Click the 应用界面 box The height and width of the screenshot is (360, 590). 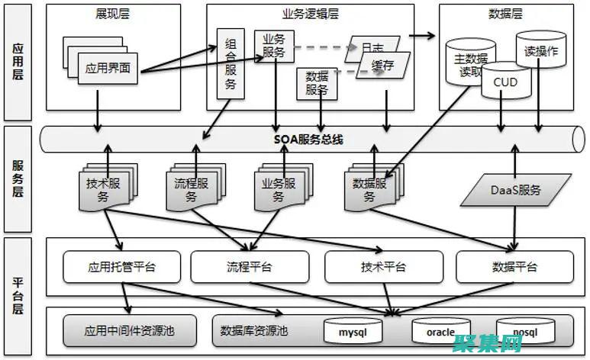[x=108, y=68]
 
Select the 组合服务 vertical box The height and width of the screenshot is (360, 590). [x=231, y=64]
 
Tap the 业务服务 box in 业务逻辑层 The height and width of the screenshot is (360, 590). [x=274, y=46]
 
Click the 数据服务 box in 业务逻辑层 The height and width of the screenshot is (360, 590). [x=316, y=82]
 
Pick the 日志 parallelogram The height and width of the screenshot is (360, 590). [x=372, y=47]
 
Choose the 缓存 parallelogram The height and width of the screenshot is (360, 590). [x=383, y=66]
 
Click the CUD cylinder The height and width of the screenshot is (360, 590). [x=505, y=82]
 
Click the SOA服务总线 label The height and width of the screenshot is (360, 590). [x=308, y=140]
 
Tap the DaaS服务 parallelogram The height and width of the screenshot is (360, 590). [x=514, y=190]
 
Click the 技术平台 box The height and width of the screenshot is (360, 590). [x=383, y=267]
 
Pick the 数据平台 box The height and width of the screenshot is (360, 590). [x=514, y=267]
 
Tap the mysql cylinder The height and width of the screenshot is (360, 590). [x=353, y=332]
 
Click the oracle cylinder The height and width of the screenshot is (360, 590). [x=440, y=332]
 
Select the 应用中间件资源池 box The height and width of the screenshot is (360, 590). [x=130, y=331]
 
